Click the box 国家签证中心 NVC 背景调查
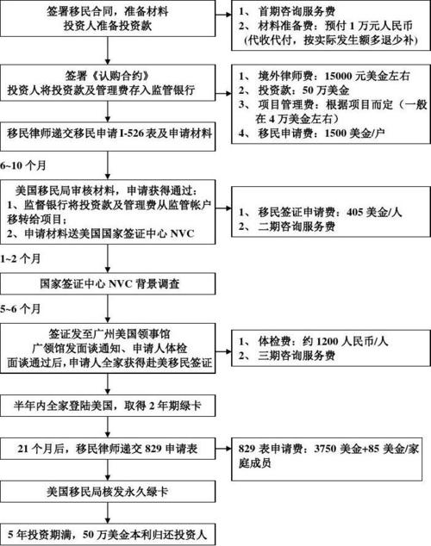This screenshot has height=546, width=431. (x=107, y=283)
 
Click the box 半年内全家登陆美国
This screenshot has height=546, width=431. (x=107, y=406)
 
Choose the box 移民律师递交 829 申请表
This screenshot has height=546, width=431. (x=107, y=448)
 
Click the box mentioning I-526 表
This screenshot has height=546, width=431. (x=107, y=133)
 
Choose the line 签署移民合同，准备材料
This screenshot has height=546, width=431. (x=107, y=13)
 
